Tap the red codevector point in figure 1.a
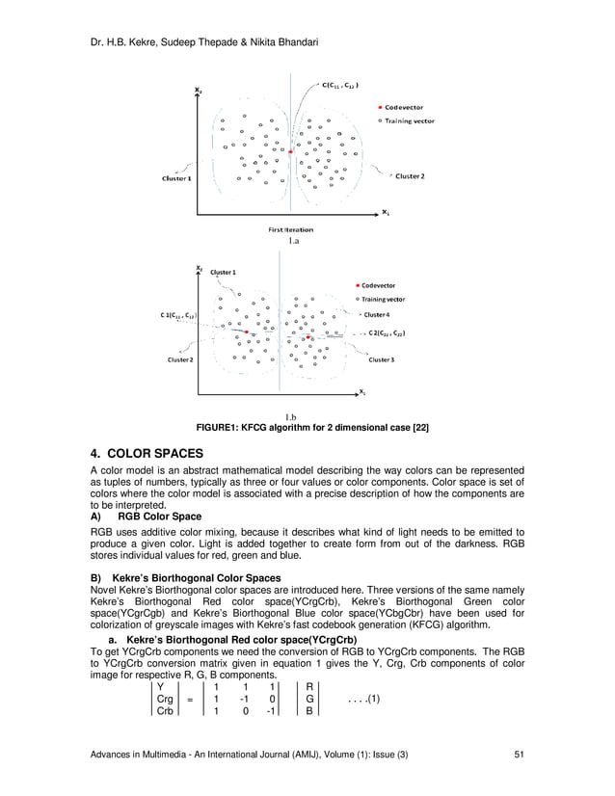pyautogui.click(x=290, y=152)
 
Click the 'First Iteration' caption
pyautogui.click(x=291, y=229)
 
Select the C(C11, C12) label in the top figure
pyautogui.click(x=341, y=85)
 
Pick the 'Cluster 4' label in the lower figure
pyautogui.click(x=376, y=315)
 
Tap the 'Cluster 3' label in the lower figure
pyautogui.click(x=380, y=360)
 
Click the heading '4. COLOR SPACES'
pyautogui.click(x=146, y=453)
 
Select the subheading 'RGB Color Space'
pyautogui.click(x=159, y=517)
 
